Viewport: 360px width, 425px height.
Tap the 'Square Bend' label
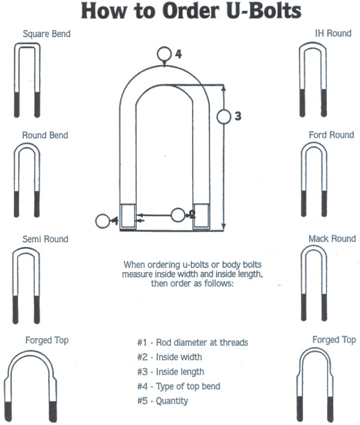(46, 34)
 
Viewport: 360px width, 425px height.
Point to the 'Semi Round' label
(45, 239)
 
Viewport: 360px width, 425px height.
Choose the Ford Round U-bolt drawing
(314, 180)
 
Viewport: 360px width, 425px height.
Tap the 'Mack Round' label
(332, 239)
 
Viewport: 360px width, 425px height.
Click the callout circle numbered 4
(165, 54)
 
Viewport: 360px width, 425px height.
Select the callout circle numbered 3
(224, 116)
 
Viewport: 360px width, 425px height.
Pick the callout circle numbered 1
(103, 221)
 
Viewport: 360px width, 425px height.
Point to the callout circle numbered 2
(178, 215)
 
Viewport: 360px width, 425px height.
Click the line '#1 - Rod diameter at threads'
(192, 343)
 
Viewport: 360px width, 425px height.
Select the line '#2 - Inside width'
(170, 357)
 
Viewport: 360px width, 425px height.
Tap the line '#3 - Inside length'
(170, 372)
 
